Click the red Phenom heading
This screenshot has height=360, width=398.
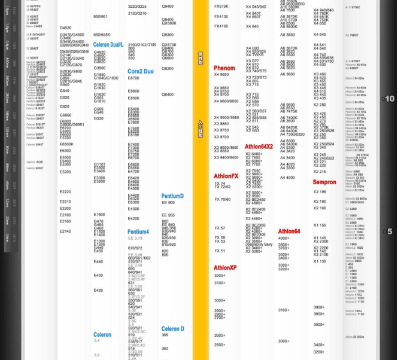pyautogui.click(x=224, y=68)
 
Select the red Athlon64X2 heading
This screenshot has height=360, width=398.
pyautogui.click(x=259, y=147)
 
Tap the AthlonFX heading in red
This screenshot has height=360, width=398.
pyautogui.click(x=226, y=176)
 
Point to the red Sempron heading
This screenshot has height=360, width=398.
pyautogui.click(x=324, y=182)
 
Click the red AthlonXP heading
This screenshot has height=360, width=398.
pyautogui.click(x=225, y=268)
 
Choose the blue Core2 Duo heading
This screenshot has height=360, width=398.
pyautogui.click(x=140, y=71)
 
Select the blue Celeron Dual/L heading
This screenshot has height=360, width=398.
pyautogui.click(x=108, y=45)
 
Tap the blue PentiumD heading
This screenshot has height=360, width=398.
pyautogui.click(x=172, y=196)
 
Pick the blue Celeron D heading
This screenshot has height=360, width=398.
pyautogui.click(x=172, y=329)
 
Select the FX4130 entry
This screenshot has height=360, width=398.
pyautogui.click(x=221, y=17)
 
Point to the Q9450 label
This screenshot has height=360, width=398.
pyautogui.click(x=168, y=7)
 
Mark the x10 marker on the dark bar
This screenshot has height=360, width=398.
pyautogui.click(x=389, y=99)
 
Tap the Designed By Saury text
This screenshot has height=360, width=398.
pyautogui.click(x=259, y=244)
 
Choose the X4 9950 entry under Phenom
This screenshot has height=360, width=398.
pyautogui.click(x=221, y=75)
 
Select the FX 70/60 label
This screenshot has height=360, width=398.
pyautogui.click(x=222, y=200)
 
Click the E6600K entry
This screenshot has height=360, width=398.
pyautogui.click(x=66, y=144)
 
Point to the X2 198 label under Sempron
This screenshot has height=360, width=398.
pyautogui.click(x=320, y=192)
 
